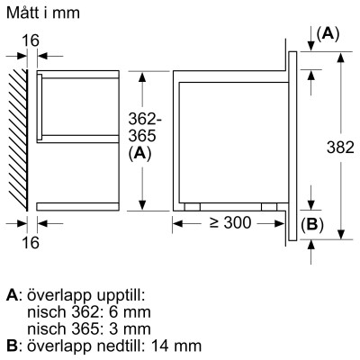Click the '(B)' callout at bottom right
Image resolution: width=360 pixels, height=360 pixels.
coord(310,225)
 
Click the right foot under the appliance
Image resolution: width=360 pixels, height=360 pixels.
coord(268,205)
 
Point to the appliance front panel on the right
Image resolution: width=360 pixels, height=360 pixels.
coord(292,144)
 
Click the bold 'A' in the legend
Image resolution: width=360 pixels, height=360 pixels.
coord(11,295)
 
